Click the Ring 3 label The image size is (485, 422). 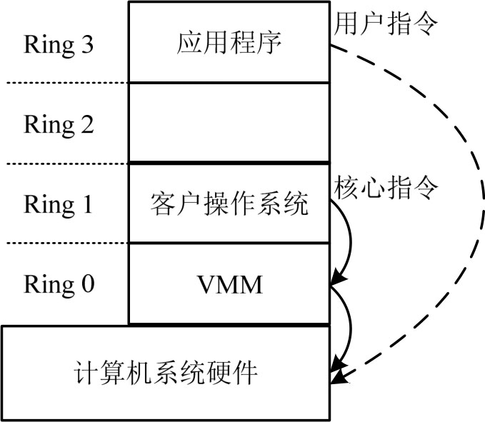tap(59, 45)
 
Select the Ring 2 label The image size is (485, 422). tap(59, 125)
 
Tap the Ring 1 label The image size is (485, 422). tap(59, 205)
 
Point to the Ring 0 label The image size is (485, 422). tap(59, 285)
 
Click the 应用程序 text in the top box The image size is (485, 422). tap(230, 43)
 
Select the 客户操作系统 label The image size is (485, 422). tap(230, 205)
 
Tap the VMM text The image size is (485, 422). tap(230, 286)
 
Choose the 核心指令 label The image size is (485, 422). tap(386, 187)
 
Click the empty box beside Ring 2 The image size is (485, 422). tap(230, 124)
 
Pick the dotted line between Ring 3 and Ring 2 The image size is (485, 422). tap(64, 83)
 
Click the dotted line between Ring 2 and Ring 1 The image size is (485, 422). tap(64, 164)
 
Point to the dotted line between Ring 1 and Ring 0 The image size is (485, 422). tap(64, 243)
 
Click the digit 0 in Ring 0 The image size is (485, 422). tap(86, 285)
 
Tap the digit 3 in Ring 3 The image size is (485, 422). tap(86, 45)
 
